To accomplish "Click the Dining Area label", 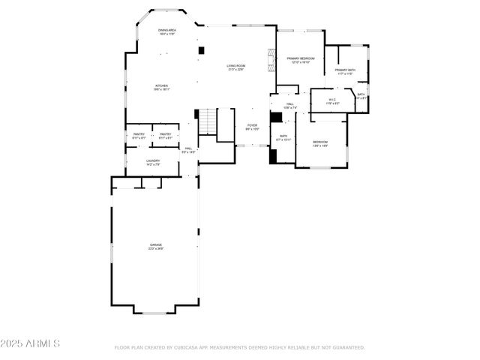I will point(166,31).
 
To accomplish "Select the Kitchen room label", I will point(162,87).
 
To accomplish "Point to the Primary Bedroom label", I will point(300,59).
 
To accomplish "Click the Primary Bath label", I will point(346,71).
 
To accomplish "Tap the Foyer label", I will point(252,127).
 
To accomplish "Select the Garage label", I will point(155,246).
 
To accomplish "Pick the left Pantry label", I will point(139,136).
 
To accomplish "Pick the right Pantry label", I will point(165,136).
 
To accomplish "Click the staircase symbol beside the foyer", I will point(207,120).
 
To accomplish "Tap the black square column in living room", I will point(201,51).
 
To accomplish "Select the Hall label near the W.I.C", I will point(289,105).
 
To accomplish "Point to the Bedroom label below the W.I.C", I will point(320,143).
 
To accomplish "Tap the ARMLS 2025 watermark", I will point(30,343).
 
